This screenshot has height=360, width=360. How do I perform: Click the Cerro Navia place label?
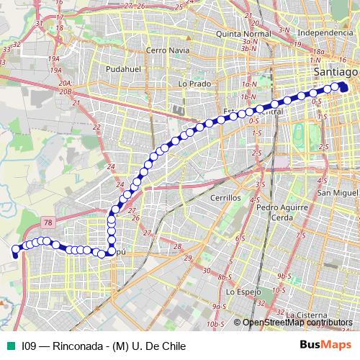pos(167,50)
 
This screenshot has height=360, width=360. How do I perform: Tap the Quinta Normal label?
pos(246,33)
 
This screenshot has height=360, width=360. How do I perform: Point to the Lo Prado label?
pos(194,84)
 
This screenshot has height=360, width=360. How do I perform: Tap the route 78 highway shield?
pos(46,224)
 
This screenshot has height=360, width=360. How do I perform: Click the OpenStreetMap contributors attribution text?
pos(297,323)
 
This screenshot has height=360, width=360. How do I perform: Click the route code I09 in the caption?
pos(30,346)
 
